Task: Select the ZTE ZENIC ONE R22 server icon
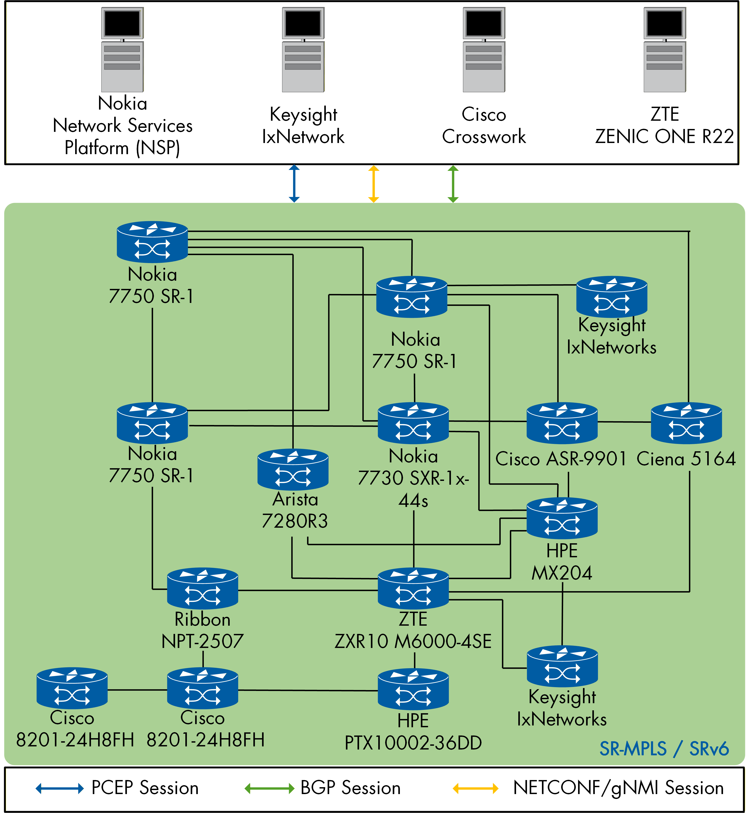(x=664, y=50)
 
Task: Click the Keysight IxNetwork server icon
(x=303, y=50)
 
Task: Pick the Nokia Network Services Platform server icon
(x=122, y=50)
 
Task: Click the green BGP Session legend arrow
(x=269, y=788)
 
